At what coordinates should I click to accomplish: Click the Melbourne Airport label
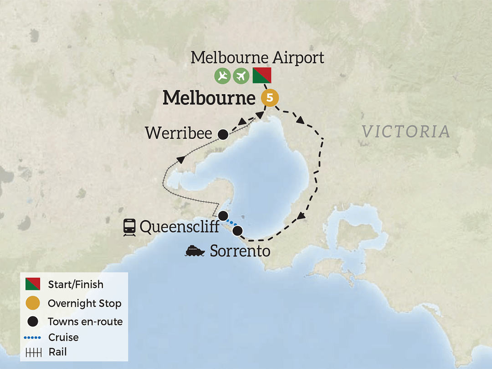coord(257,58)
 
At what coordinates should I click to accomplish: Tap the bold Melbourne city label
coord(208,98)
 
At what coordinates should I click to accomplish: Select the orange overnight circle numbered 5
coord(269,98)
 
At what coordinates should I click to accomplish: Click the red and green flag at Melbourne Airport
coord(262,76)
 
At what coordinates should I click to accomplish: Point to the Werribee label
coord(179,133)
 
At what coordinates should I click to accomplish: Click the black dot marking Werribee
coord(223,134)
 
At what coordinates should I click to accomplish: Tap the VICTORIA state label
coord(406,132)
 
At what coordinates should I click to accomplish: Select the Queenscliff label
coord(179,226)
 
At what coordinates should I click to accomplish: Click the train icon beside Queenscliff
coord(129,226)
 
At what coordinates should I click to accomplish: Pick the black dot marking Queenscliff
coord(223,215)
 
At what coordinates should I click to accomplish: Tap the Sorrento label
coord(240,251)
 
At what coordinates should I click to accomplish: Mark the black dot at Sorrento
coord(237,231)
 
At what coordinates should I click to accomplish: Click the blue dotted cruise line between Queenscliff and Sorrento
coord(231,223)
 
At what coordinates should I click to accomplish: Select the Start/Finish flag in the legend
coord(33,284)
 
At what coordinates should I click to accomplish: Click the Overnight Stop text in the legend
coord(85,303)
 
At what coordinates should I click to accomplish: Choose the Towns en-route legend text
coord(85,322)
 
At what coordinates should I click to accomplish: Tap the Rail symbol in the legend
coord(33,352)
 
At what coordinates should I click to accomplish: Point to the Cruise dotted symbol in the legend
coord(33,338)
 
